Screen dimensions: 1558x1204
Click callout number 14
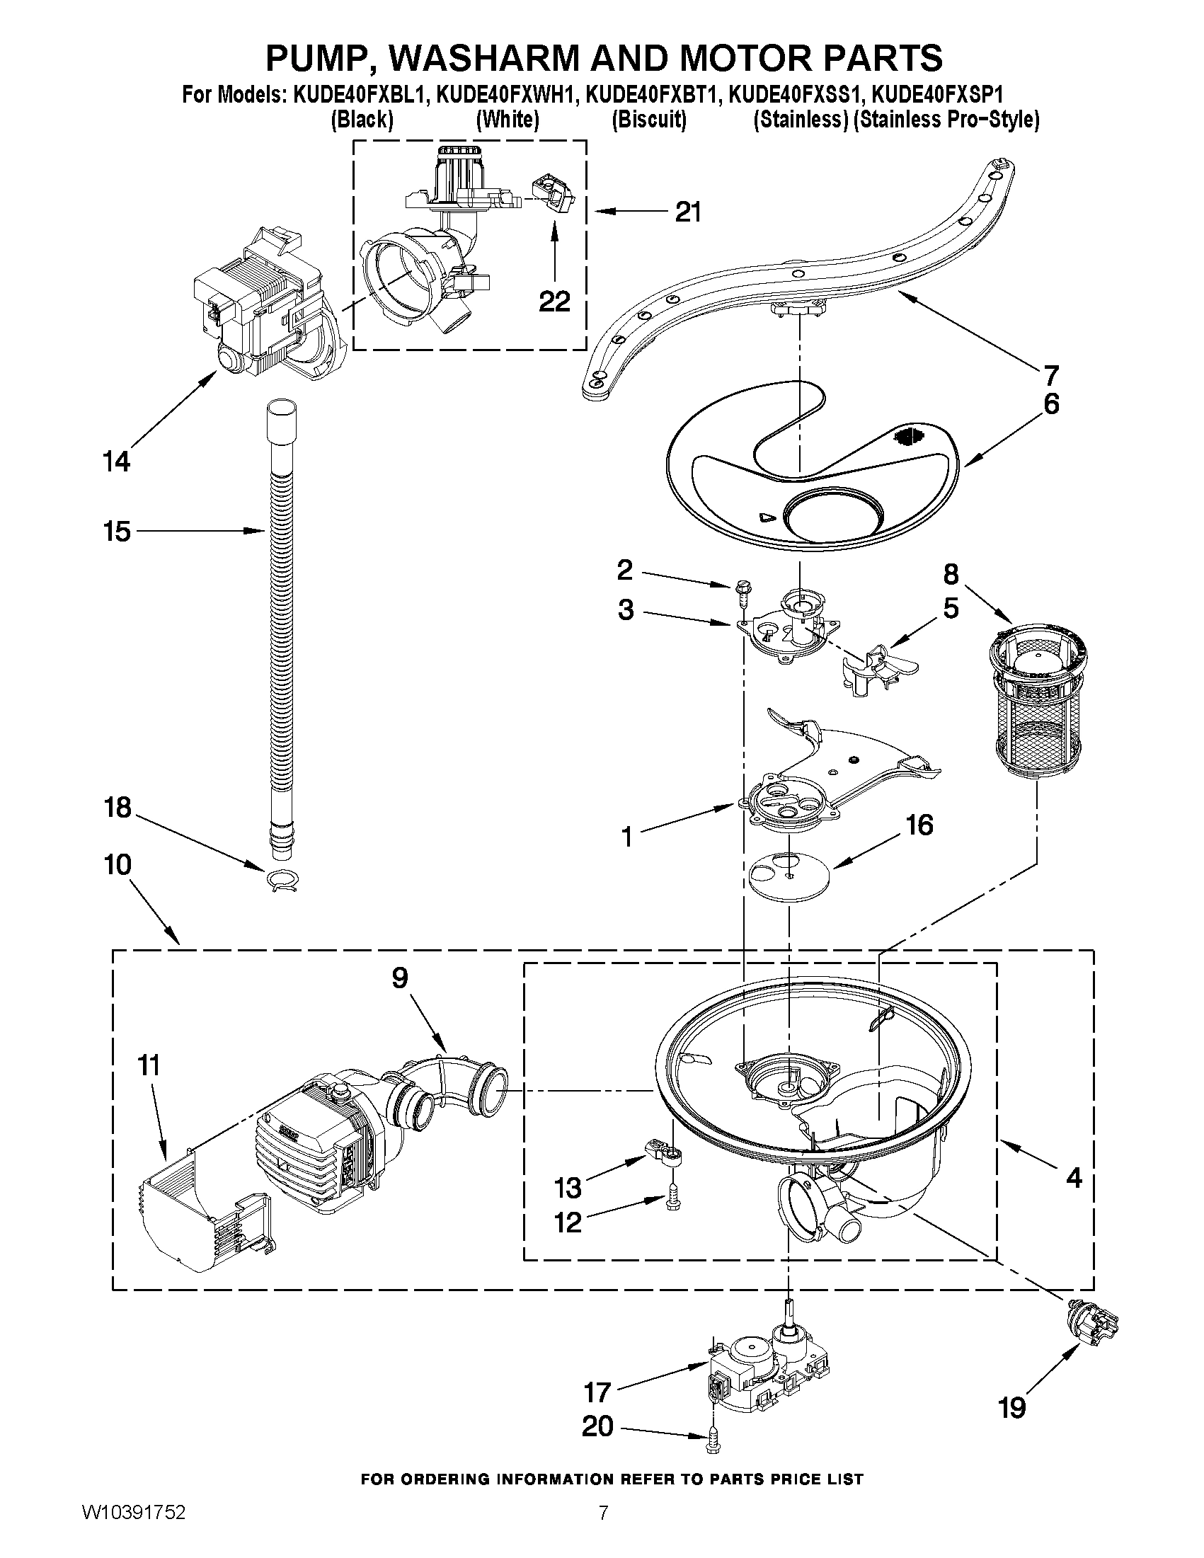point(117,462)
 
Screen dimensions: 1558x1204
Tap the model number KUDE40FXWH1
point(505,95)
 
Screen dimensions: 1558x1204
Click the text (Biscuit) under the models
point(648,120)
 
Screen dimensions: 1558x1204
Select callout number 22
point(554,302)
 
